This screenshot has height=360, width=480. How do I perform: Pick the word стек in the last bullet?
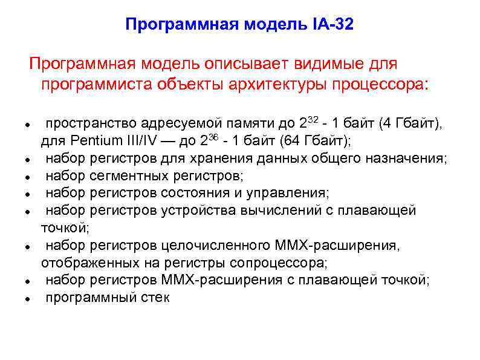(157, 297)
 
